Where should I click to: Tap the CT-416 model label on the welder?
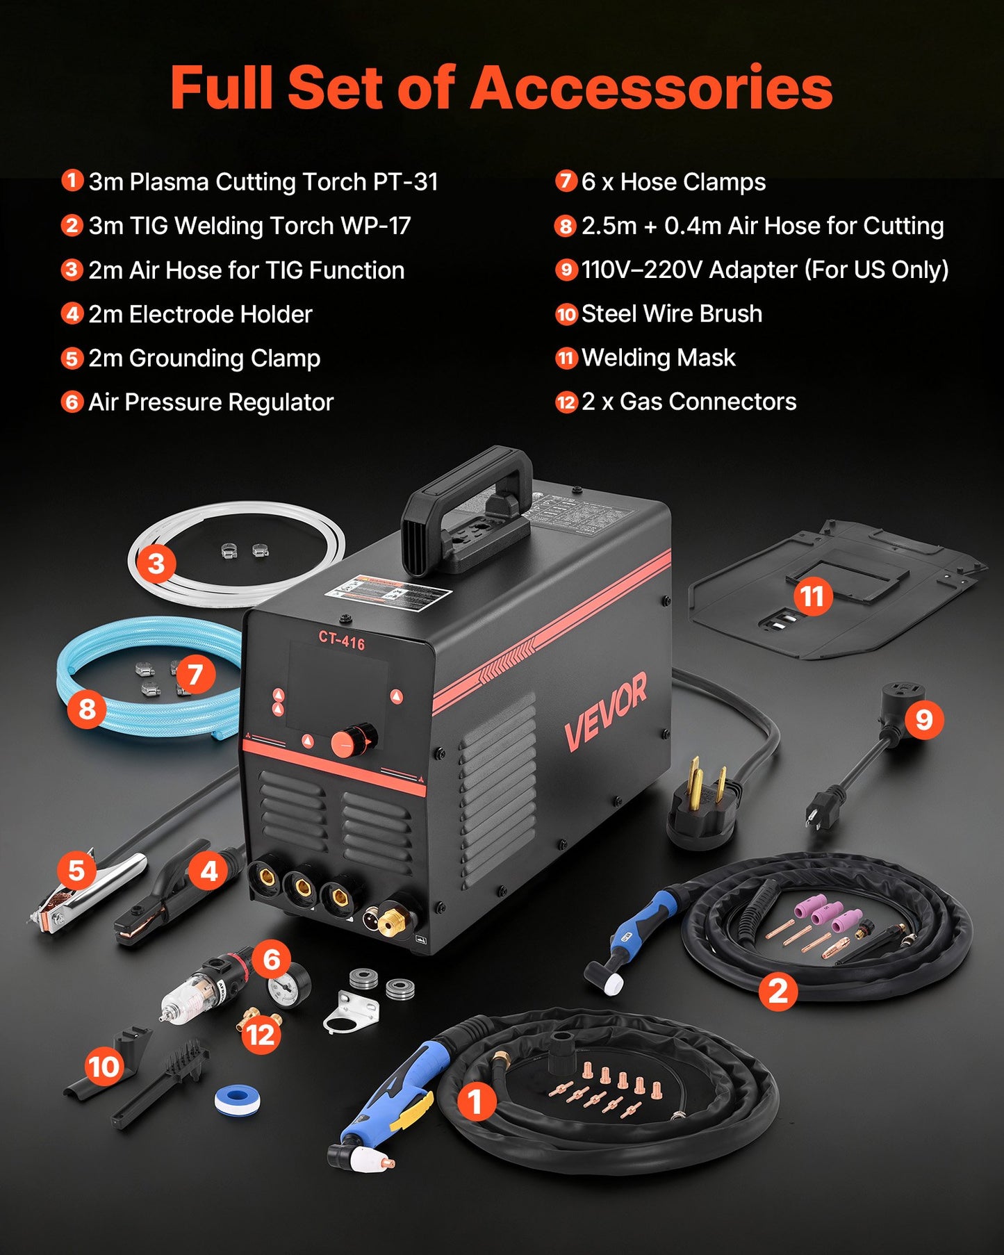(x=341, y=640)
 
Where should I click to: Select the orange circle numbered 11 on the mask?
(x=812, y=596)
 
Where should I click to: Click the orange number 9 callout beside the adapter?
(x=923, y=719)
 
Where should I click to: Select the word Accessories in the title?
(x=652, y=88)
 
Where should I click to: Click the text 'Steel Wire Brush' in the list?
(x=671, y=314)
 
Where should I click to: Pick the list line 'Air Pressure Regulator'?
(x=211, y=402)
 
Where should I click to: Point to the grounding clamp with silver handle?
(x=87, y=893)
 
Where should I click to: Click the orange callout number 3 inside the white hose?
(x=156, y=563)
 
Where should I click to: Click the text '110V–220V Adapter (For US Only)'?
(x=764, y=270)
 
